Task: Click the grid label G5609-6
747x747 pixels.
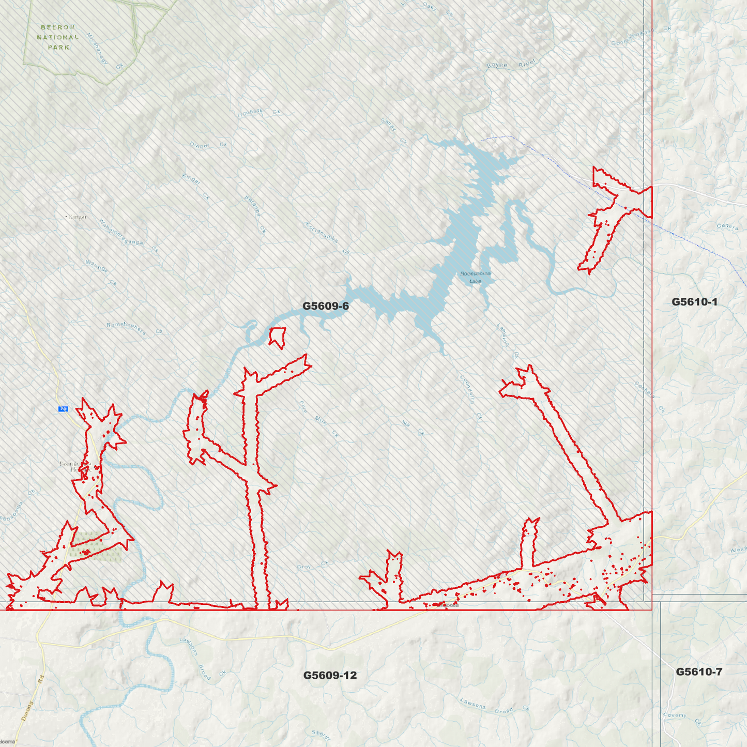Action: click(326, 306)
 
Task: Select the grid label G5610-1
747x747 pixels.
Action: click(694, 302)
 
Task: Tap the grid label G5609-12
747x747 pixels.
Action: click(330, 675)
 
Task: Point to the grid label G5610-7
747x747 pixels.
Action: click(699, 672)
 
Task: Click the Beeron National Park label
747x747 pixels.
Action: click(58, 37)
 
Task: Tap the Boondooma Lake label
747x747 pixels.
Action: click(475, 277)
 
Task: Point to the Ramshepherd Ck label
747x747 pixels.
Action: click(134, 329)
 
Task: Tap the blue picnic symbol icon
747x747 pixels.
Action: click(63, 409)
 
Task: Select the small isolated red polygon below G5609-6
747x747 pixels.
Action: click(278, 337)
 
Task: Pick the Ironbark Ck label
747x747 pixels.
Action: click(258, 112)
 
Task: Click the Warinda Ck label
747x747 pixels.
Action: click(101, 272)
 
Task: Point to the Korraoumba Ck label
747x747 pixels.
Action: click(327, 238)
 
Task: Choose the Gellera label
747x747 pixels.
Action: click(727, 226)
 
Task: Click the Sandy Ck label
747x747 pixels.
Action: click(394, 131)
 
